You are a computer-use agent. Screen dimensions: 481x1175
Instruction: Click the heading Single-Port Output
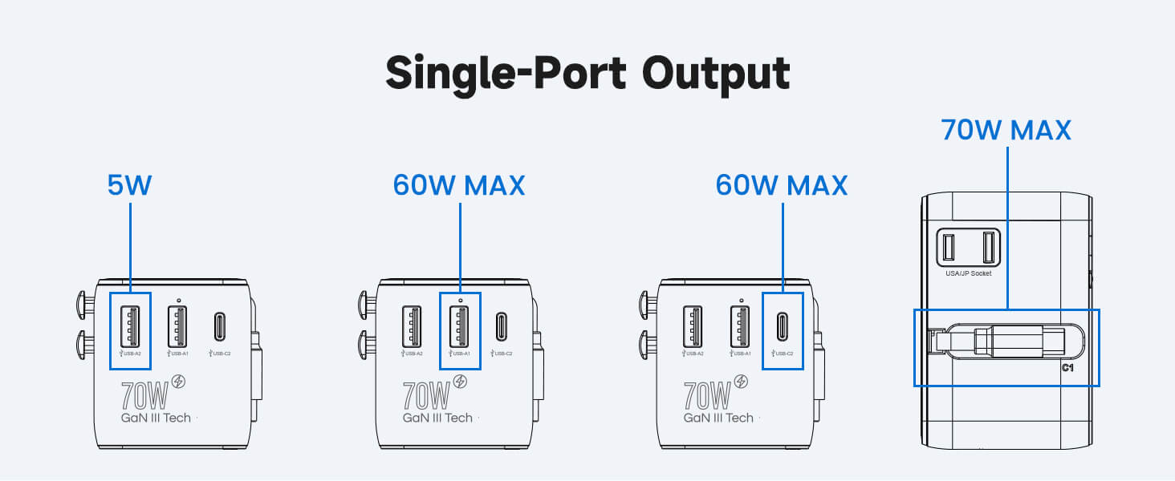587,74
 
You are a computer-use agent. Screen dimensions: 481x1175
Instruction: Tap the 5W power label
129,185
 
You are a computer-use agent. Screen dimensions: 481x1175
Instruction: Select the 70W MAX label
1006,129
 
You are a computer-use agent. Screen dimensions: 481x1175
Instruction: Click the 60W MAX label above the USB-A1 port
459,185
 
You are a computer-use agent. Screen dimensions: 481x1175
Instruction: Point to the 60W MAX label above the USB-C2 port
782,185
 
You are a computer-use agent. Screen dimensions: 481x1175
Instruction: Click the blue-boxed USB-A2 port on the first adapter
130,325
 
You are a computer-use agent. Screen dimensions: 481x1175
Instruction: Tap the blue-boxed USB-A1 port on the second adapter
460,325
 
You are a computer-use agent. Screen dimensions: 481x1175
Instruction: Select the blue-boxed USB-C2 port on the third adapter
782,326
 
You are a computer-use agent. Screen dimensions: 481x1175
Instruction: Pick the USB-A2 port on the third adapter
692,325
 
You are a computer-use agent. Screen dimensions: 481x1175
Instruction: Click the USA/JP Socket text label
969,273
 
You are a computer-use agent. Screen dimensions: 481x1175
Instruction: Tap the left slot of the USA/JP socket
949,247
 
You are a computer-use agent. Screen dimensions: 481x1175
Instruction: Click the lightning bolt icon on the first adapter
180,382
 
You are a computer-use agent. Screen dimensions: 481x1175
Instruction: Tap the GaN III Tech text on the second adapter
437,418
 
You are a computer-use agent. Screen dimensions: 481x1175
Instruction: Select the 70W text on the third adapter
706,394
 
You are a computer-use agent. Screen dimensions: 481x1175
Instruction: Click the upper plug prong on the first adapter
83,304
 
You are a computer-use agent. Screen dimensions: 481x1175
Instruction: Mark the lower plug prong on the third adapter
644,347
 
